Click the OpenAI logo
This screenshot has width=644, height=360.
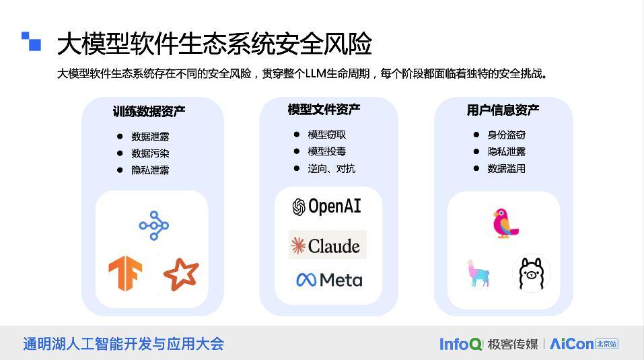coord(327,207)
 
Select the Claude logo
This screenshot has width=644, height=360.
coord(328,246)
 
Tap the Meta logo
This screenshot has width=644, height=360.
coord(329,279)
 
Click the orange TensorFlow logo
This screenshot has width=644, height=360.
coord(125,273)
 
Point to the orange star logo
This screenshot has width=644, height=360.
coord(181,274)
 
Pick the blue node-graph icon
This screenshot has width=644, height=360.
coord(153,225)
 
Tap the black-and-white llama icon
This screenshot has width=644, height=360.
coord(532,273)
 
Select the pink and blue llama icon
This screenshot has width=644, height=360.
coord(478,273)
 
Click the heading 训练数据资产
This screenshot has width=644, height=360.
coord(149,111)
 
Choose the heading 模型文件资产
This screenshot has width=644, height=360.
coord(324,109)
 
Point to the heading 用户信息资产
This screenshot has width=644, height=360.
coord(503,110)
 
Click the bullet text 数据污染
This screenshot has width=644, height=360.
coord(150,153)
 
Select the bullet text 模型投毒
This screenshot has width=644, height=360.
coord(326,151)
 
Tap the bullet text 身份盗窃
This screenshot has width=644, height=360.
coord(506,135)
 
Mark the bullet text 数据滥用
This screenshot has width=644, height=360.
coord(506,168)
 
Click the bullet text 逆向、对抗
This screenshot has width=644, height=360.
coord(331,168)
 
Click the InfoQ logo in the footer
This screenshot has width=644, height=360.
coord(461,344)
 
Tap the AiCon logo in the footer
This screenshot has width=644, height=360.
coord(571,344)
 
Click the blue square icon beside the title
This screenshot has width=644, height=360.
coord(31,42)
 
